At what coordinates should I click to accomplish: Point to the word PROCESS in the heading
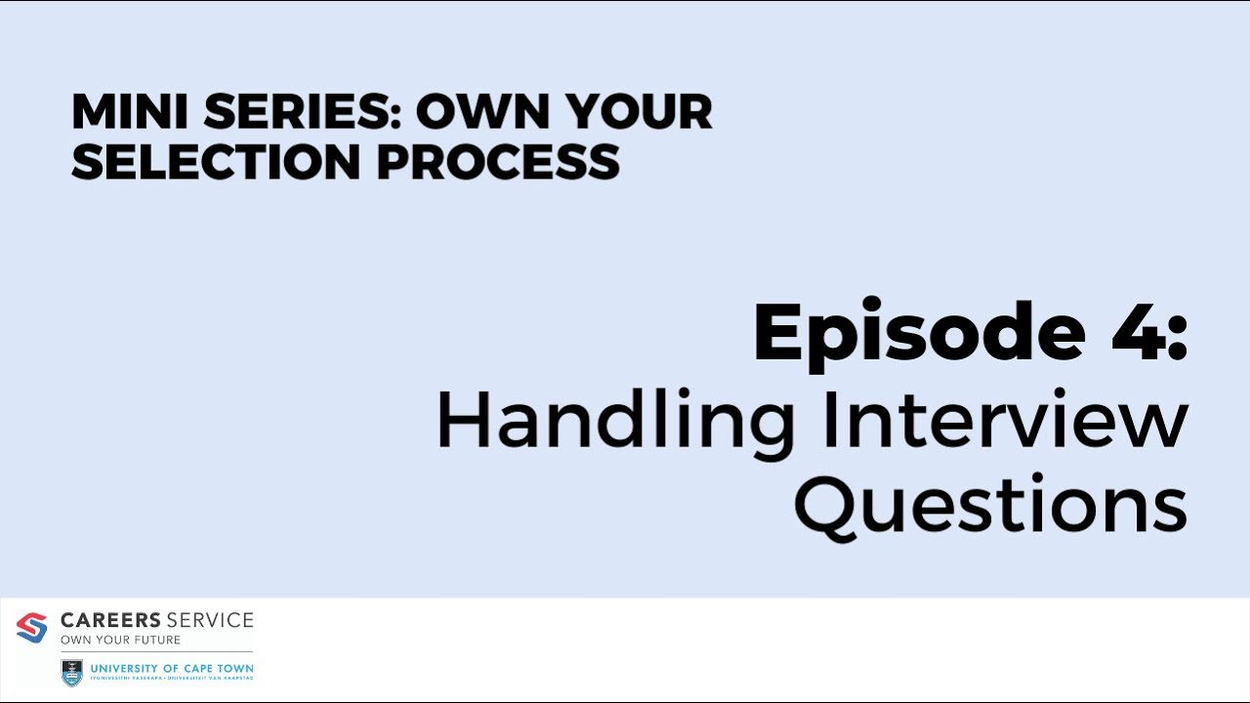[498, 161]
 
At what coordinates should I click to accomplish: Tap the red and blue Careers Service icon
[31, 628]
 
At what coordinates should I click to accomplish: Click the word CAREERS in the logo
[110, 620]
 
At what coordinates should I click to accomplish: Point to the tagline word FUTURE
[158, 641]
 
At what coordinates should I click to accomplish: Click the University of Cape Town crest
[72, 672]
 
